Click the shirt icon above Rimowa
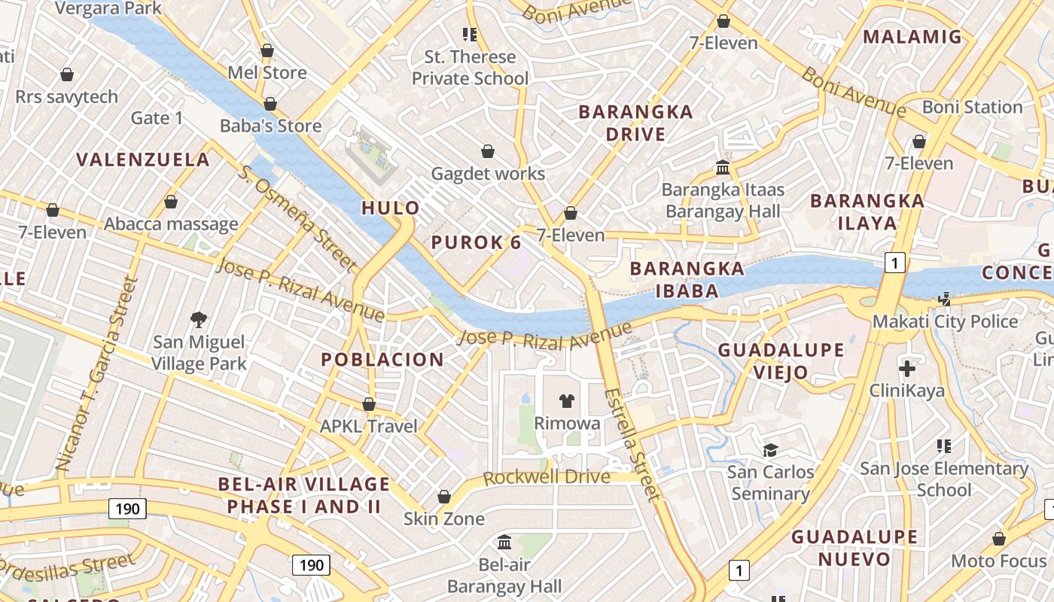click(x=567, y=401)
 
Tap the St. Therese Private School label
click(x=470, y=68)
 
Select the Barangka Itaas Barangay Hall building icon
click(x=723, y=167)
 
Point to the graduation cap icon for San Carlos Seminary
click(x=770, y=450)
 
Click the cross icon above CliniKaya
click(x=907, y=369)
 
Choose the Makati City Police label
click(x=945, y=322)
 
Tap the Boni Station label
click(x=972, y=107)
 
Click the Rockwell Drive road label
click(x=546, y=478)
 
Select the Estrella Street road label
click(x=632, y=444)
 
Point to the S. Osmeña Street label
click(x=297, y=217)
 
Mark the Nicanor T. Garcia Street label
click(x=98, y=374)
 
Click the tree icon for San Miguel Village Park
click(x=199, y=320)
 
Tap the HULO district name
click(x=391, y=208)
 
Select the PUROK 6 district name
click(x=476, y=242)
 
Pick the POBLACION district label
click(x=382, y=360)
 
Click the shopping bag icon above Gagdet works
click(x=488, y=152)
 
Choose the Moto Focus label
click(x=998, y=561)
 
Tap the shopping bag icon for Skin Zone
click(x=444, y=497)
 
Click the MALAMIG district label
click(x=912, y=37)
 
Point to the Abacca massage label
click(x=171, y=224)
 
